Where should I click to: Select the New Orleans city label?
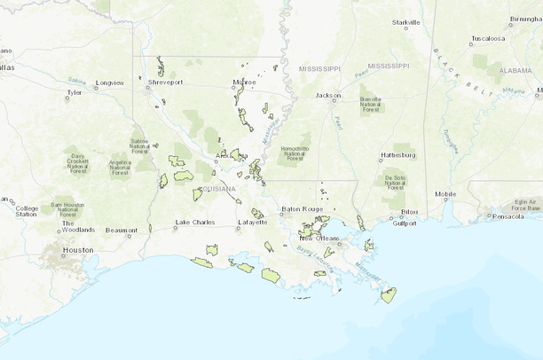pos(317,239)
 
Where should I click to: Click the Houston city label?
pos(78,250)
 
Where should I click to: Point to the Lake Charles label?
pos(195,222)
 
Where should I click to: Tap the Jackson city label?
pos(328,95)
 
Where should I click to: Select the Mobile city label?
pos(445,194)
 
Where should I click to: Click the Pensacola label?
pos(510,215)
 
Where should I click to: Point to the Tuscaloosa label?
pos(487,39)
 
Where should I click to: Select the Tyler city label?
pos(74,90)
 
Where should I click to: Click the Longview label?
pos(110,82)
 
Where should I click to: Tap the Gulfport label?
pos(404,223)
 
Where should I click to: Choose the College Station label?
pos(27,209)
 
